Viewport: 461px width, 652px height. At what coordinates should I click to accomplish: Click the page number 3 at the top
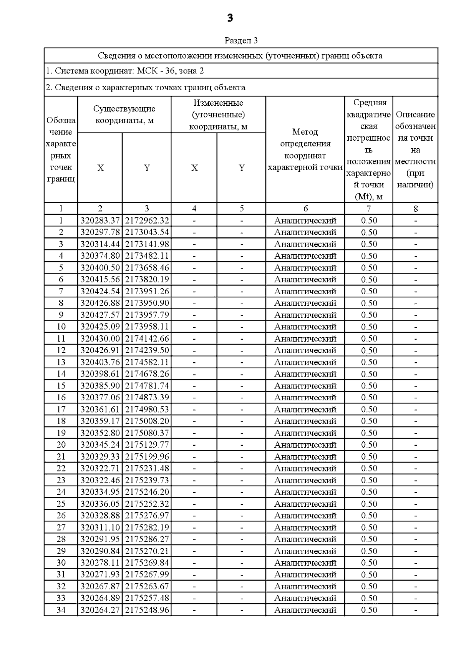click(230, 18)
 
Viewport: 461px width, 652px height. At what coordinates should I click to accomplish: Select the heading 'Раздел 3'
click(241, 40)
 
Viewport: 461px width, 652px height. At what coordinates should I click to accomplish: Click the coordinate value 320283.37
click(100, 221)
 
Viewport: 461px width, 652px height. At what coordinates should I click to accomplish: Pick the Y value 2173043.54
click(147, 232)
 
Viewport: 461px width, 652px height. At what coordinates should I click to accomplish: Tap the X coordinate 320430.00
click(100, 338)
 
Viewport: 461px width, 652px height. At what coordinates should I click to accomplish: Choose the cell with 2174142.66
click(147, 338)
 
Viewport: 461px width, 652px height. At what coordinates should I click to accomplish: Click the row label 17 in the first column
click(61, 409)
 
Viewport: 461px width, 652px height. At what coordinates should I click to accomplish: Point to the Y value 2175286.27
click(147, 539)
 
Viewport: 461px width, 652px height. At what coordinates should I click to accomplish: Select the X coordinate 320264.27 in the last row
click(100, 610)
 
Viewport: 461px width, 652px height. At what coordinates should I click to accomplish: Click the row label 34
click(61, 610)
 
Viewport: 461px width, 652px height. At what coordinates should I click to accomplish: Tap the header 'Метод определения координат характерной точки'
click(305, 149)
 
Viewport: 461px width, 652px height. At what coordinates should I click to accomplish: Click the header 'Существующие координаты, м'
click(124, 114)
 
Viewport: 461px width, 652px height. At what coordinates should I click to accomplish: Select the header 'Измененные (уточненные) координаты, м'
click(218, 114)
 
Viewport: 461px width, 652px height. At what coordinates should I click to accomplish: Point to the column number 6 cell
click(305, 209)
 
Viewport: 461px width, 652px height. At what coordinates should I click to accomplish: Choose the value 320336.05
click(100, 504)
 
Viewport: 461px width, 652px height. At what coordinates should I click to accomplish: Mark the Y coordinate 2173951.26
click(147, 291)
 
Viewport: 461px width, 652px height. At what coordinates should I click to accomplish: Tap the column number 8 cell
click(415, 209)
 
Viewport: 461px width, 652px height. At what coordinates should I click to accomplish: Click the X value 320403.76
click(100, 362)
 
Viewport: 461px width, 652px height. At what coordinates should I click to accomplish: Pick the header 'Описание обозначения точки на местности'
click(415, 149)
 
